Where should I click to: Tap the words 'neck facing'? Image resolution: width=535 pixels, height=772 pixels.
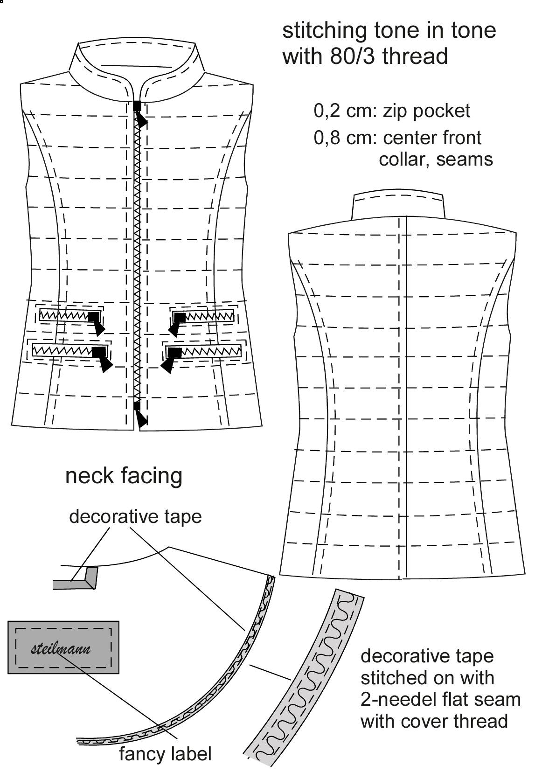[124, 476]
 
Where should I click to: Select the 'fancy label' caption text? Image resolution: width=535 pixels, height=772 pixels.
[165, 754]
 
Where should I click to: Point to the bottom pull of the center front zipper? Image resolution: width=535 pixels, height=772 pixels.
[140, 415]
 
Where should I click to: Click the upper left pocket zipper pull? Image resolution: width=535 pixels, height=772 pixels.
[96, 323]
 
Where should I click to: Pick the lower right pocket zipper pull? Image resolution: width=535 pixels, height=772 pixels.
[171, 360]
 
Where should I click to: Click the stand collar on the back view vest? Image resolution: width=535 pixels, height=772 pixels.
[398, 206]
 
